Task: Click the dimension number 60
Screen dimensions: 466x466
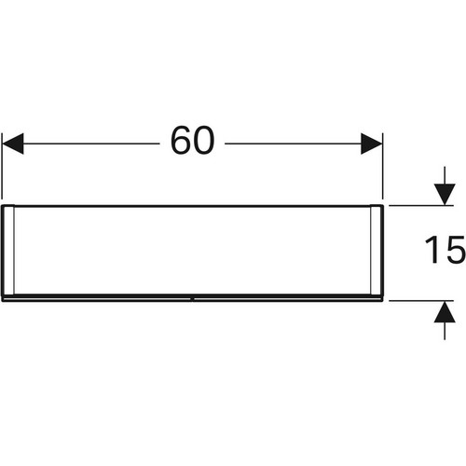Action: [192, 140]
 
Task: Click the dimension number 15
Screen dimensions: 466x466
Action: [445, 250]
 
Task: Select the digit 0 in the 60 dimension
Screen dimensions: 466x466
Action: [204, 140]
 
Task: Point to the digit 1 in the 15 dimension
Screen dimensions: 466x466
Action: [432, 250]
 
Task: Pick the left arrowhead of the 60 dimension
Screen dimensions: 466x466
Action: [13, 144]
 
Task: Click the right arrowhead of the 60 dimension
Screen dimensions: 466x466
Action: [371, 144]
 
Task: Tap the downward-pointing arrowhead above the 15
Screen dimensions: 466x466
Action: [445, 194]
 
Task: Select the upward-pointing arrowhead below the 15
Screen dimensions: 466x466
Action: [445, 312]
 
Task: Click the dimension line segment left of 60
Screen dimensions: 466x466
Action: [91, 144]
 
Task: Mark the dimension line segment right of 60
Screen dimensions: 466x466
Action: [293, 144]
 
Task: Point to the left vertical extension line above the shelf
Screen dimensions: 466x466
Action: [2, 166]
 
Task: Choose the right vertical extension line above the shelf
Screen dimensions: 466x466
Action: [383, 166]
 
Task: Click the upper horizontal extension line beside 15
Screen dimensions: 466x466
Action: [421, 205]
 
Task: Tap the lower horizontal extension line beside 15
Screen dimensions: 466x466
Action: [421, 301]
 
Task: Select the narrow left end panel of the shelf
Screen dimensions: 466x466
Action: [8, 250]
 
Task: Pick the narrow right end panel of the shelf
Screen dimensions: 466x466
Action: [377, 250]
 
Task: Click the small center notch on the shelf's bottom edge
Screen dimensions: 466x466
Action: [193, 300]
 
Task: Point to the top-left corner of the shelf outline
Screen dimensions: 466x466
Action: [3, 205]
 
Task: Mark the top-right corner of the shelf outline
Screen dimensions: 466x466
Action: [383, 205]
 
